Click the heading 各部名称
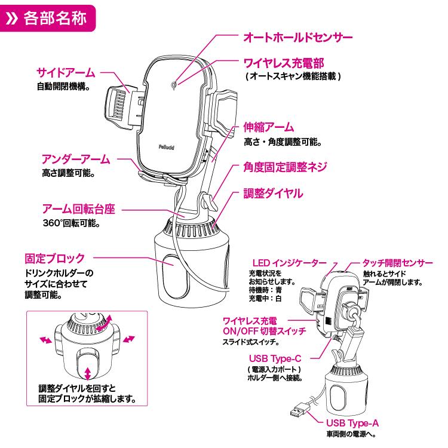point(56,16)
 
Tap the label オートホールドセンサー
point(297,36)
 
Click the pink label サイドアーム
point(65,73)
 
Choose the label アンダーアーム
point(75,159)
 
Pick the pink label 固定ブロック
point(54,259)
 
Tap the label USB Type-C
point(274,358)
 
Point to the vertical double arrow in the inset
point(88,373)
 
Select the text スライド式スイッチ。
point(250,342)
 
